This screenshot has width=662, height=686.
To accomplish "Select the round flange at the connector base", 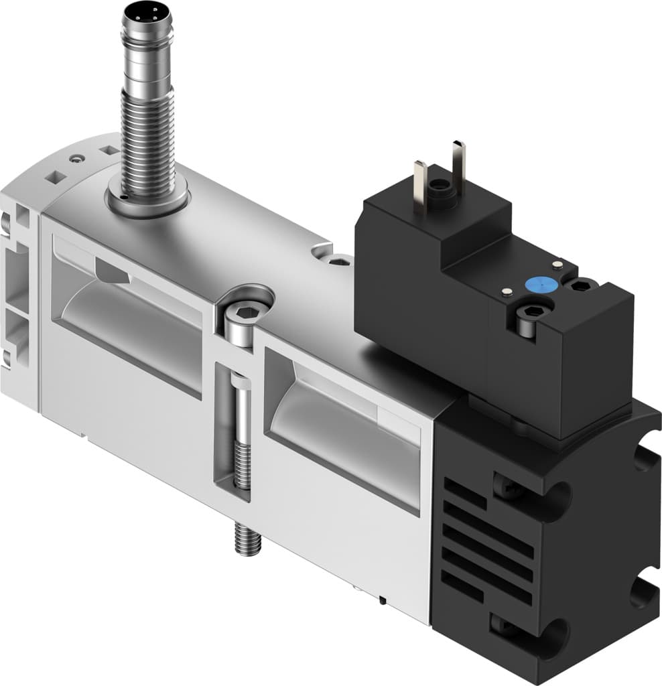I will click(148, 199).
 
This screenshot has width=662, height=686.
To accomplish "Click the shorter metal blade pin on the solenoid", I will click(420, 188).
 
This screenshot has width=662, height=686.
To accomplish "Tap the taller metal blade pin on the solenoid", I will click(458, 170).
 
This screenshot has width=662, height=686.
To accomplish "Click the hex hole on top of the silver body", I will click(340, 261).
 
